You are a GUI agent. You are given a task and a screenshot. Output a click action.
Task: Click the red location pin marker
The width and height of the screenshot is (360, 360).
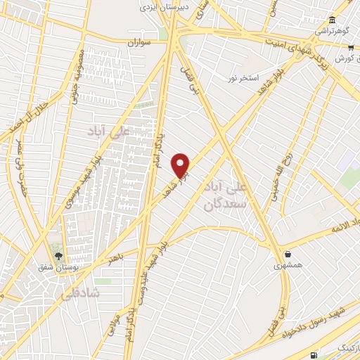pos(181,165)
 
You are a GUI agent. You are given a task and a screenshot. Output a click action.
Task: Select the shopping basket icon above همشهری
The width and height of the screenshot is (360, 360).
pos(288,253)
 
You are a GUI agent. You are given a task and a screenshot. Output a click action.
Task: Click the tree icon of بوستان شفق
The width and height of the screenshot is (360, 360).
pos(58,255)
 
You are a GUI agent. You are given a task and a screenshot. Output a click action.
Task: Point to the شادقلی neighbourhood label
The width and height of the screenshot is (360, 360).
pos(86,291)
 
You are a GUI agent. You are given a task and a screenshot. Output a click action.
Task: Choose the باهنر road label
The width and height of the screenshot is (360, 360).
pos(115,259)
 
